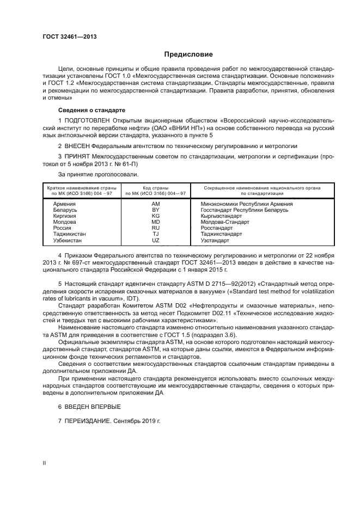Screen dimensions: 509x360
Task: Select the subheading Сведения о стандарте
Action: click(x=83, y=109)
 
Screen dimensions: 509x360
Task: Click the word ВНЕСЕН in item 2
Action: click(x=80, y=146)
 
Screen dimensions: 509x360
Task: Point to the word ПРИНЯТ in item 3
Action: click(x=80, y=156)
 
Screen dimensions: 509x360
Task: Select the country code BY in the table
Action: click(x=155, y=210)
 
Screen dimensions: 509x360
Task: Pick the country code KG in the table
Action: click(x=155, y=216)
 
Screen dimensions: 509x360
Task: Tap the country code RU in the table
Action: click(x=155, y=228)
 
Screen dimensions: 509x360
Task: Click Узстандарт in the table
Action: click(x=217, y=240)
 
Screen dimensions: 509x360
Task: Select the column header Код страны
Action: click(x=156, y=187)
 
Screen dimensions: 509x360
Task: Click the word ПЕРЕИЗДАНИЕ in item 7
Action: click(x=88, y=420)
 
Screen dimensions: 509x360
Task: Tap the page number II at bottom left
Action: click(x=44, y=462)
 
